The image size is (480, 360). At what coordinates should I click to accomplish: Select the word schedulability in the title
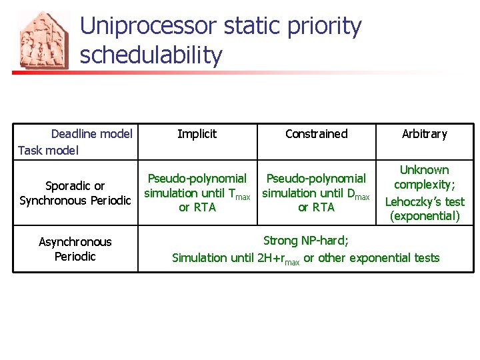tap(151, 55)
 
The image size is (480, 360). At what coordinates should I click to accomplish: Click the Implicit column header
tap(197, 134)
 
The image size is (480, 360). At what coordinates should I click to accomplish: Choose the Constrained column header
tap(316, 134)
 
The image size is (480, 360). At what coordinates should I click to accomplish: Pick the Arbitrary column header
tap(424, 134)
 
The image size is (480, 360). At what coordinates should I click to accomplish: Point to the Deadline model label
tap(91, 134)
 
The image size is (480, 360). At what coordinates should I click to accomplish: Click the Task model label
tap(48, 150)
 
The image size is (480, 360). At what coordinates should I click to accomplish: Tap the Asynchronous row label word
tap(75, 242)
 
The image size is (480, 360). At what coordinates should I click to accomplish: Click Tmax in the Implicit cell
tap(239, 194)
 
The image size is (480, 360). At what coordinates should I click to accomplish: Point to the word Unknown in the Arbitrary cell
tap(424, 170)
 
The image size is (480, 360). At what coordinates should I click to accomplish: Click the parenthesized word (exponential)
tap(424, 216)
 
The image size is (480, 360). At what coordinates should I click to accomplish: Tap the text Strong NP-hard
tap(305, 241)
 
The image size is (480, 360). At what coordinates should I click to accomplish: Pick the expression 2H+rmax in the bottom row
tap(278, 259)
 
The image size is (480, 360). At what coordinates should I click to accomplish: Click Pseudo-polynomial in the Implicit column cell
tap(197, 179)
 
